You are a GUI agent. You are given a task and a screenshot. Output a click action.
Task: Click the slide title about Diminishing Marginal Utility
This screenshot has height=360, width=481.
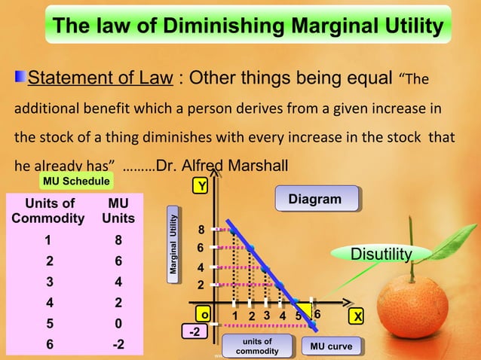point(248,27)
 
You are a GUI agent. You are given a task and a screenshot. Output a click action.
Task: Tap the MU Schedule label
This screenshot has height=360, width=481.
point(76,182)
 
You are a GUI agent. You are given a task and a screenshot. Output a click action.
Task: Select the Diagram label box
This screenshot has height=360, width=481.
point(314,199)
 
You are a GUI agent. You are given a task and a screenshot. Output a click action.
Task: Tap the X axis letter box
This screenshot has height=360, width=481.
point(358,316)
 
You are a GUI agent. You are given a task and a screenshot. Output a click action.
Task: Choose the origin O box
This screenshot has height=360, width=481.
point(203,315)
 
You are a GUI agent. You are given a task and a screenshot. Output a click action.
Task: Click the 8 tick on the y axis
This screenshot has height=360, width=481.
point(201,229)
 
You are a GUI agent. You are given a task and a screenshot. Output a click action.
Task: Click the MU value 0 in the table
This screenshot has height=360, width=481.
point(118,325)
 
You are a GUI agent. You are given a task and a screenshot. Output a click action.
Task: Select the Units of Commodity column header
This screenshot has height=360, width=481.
point(50,211)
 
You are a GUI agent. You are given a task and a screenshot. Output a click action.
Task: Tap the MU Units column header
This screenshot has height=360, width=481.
point(118,211)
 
